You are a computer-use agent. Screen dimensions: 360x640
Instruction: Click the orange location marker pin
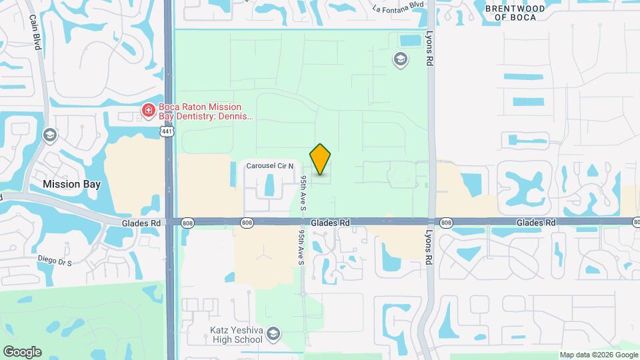[321, 159]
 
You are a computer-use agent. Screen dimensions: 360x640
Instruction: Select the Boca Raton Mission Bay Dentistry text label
[205, 111]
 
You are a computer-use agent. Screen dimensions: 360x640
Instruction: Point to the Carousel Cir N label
[271, 165]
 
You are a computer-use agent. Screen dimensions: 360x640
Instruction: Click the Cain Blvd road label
[35, 33]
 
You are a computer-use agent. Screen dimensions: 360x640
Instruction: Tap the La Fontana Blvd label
[399, 9]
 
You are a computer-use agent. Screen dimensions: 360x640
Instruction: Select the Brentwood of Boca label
[515, 13]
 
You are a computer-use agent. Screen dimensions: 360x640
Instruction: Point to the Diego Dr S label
[55, 261]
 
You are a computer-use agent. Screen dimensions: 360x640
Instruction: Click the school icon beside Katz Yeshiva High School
[274, 334]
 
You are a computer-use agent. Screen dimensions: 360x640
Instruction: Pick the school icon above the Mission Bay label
[49, 136]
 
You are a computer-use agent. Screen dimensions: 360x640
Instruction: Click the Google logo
[22, 352]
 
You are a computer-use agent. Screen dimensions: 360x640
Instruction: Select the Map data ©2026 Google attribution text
[599, 355]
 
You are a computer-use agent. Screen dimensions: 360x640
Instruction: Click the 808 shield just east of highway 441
[188, 223]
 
